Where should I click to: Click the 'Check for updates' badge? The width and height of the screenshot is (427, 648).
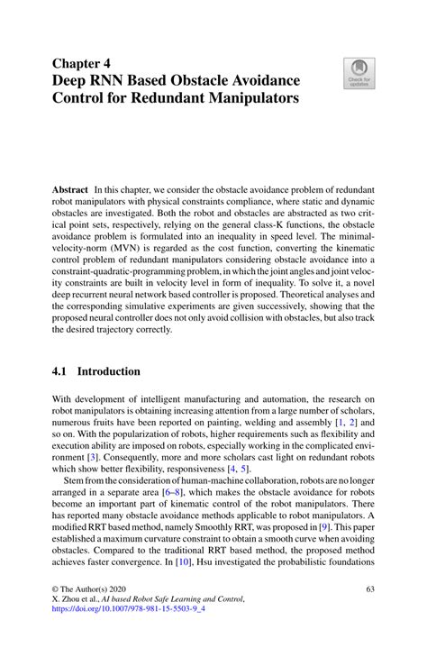point(360,74)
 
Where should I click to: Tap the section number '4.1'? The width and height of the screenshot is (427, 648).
point(63,371)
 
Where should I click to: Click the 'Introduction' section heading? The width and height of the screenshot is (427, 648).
point(108,371)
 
